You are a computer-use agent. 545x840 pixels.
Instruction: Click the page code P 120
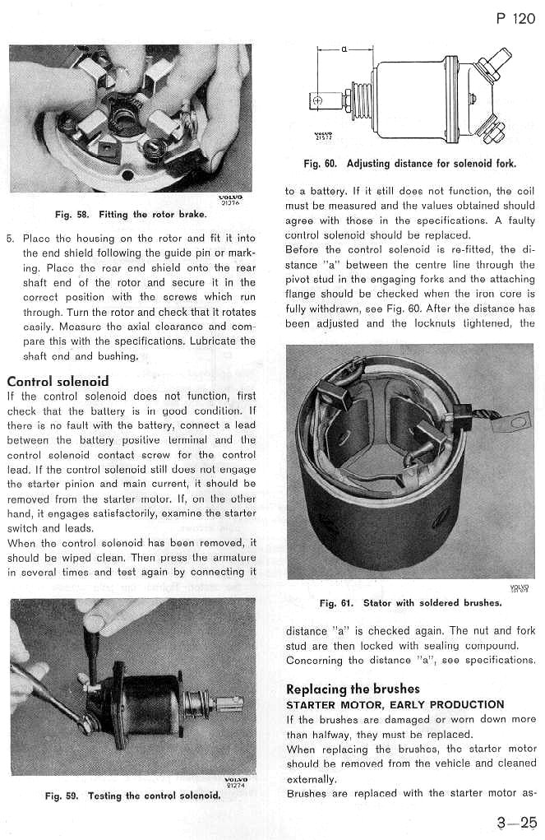tap(515, 18)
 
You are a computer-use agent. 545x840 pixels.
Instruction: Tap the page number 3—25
tap(516, 821)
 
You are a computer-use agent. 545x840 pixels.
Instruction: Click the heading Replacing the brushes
tap(353, 689)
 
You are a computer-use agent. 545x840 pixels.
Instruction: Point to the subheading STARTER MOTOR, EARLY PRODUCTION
tap(395, 704)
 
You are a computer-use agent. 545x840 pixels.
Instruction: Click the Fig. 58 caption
tap(130, 215)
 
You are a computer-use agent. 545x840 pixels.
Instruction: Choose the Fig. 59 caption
tap(132, 796)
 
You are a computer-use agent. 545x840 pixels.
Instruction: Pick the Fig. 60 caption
tap(410, 163)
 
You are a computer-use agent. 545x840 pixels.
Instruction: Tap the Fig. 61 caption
tap(409, 602)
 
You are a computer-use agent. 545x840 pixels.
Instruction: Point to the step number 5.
tap(10, 239)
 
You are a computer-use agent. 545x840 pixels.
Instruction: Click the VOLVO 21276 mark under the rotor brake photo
tap(227, 200)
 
